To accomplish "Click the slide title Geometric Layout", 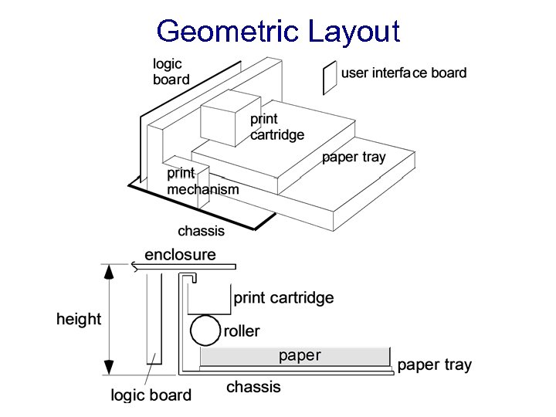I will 278,32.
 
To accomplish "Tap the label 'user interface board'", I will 404,73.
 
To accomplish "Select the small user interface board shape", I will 330,78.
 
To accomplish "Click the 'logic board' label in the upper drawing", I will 171,71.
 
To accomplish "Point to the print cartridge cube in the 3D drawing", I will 229,120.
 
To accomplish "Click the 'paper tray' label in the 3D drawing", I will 354,158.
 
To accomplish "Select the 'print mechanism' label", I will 202,181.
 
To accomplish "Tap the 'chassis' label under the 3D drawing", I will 201,231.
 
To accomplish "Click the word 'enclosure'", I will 180,255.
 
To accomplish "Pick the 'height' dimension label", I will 79,319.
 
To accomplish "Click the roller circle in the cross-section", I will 205,331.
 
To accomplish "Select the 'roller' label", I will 242,331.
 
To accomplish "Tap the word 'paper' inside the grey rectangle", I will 300,355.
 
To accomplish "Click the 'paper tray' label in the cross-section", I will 434,365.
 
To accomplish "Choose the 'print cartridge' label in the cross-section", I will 283,298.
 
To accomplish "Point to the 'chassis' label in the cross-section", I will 253,387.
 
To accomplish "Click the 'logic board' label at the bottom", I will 151,395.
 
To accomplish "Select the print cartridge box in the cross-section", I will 210,298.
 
